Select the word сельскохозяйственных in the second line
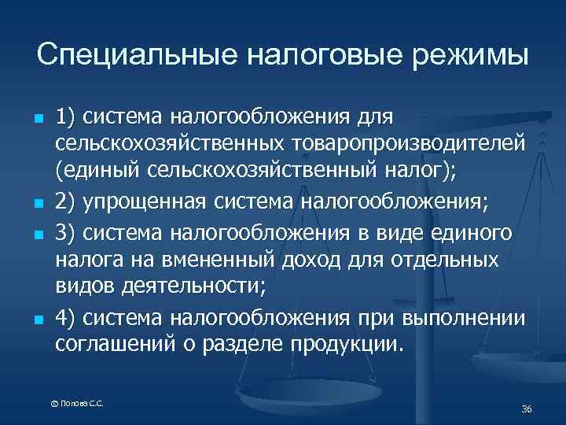point(170,146)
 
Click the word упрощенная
point(147,202)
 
